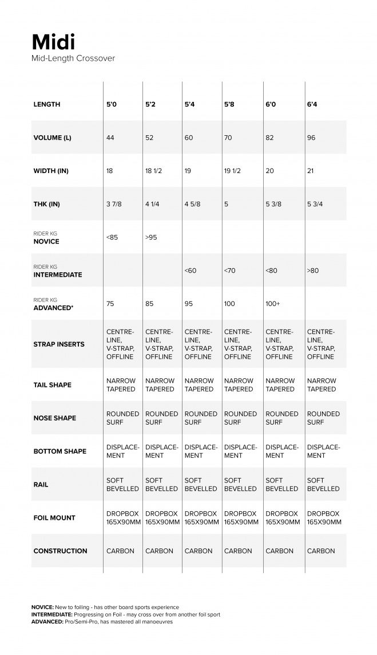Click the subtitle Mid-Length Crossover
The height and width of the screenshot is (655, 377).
pos(73,58)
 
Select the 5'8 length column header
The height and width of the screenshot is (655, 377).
pos(229,105)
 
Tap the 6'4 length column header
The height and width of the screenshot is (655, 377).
pos(312,105)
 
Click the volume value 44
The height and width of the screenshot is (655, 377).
pos(111,138)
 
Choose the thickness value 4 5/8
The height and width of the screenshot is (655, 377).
pos(193,204)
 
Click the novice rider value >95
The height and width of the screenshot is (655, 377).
pos(151,237)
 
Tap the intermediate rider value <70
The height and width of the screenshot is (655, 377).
pos(229,270)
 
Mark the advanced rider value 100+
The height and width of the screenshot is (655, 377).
pos(273,304)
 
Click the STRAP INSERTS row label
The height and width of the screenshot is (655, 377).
pos(59,344)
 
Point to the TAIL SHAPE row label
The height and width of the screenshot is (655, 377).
pos(53,385)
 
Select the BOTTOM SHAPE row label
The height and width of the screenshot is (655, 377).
pos(59,452)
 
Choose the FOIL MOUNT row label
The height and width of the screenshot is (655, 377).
pos(54,518)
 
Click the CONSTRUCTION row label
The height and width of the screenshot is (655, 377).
pos(60,551)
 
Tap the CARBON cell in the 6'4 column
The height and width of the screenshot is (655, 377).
pos(321,551)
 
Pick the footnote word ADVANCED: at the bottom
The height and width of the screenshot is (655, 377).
pos(47,621)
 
